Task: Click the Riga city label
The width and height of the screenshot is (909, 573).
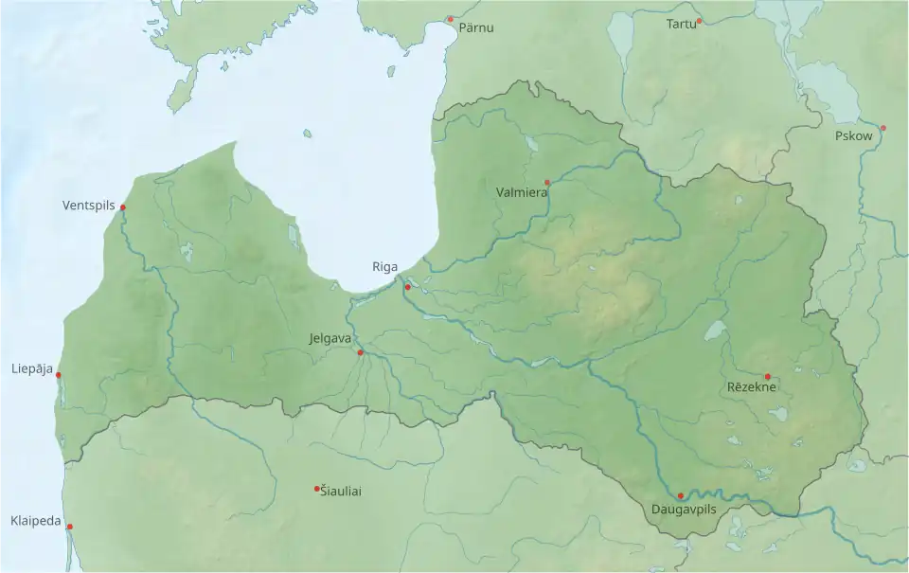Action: tap(384, 267)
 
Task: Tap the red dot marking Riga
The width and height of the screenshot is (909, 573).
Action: tap(408, 287)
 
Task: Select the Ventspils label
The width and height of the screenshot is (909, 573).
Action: tap(88, 206)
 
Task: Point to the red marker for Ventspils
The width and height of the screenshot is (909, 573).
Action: tap(123, 207)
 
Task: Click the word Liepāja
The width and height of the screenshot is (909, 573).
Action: tap(32, 367)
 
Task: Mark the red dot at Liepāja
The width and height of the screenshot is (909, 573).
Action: tap(59, 376)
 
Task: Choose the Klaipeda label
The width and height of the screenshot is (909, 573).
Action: tap(36, 521)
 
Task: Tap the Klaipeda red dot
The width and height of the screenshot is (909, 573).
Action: tap(69, 527)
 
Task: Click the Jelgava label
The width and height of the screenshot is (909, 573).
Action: tap(330, 338)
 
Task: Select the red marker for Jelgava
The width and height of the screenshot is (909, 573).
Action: tap(360, 352)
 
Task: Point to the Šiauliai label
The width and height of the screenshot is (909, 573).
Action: tap(341, 491)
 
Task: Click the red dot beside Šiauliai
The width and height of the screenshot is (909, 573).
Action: tap(316, 489)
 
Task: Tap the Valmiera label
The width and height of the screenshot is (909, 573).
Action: tap(521, 192)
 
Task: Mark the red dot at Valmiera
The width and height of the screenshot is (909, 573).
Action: tap(547, 182)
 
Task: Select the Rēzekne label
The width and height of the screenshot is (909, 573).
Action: tap(752, 387)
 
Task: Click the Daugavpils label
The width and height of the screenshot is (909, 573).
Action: tap(685, 510)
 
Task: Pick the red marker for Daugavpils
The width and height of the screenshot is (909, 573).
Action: tap(681, 495)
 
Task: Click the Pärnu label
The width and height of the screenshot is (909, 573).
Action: tap(476, 28)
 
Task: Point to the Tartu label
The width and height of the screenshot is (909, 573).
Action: tap(680, 23)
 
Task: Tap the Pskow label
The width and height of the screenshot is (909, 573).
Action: tap(854, 136)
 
